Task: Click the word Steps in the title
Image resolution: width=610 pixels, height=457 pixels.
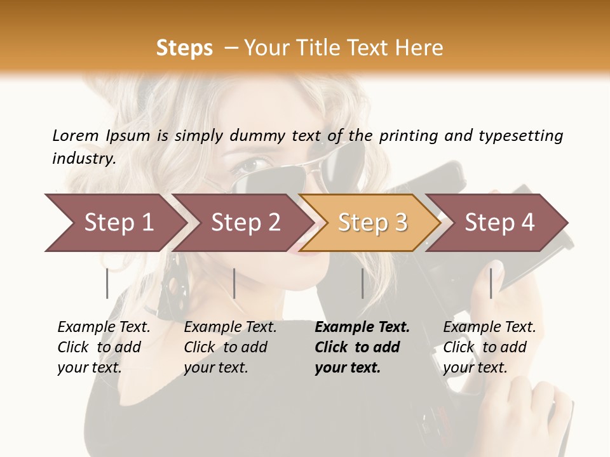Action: pos(184,48)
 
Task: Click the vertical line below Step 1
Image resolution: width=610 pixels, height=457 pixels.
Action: pos(107,283)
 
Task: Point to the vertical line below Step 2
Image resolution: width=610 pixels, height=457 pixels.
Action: pos(234,283)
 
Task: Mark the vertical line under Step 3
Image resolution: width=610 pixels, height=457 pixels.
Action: pos(362,283)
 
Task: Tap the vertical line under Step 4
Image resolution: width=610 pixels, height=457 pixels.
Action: pos(491,283)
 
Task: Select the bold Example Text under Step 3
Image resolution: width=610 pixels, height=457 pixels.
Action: pos(362,347)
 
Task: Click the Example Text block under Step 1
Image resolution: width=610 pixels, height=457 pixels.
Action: pos(104,347)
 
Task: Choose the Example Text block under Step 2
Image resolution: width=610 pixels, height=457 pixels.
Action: pos(230,347)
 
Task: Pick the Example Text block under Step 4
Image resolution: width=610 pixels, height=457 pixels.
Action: pos(489,347)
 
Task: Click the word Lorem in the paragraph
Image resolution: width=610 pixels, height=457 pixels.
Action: pos(76,135)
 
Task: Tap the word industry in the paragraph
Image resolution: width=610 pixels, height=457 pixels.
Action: pos(84,158)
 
